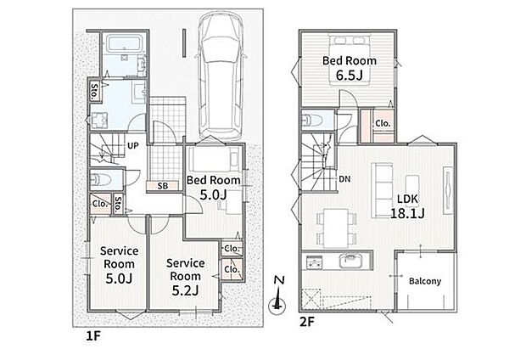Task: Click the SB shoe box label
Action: pos(163,186)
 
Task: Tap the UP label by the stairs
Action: pos(133,146)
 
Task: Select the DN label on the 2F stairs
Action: pos(344,179)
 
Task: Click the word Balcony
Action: pos(425,281)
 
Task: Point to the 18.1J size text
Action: pos(407,213)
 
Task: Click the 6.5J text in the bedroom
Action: pos(350,76)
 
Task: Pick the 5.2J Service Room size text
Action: pos(185,290)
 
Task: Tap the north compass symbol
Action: pos(277,295)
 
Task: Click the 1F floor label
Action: pos(93,336)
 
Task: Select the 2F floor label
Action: pos(306,322)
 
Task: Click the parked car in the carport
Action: pos(221,76)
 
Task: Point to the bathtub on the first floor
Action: pos(123,44)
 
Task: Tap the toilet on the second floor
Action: pos(311,120)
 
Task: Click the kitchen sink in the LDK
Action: pos(351,261)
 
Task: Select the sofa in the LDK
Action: pos(382,191)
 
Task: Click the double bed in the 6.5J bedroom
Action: pos(350,58)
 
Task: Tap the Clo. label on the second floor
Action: pos(383,123)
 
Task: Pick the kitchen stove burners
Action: pos(314,262)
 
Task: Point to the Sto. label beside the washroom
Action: pos(94,91)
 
